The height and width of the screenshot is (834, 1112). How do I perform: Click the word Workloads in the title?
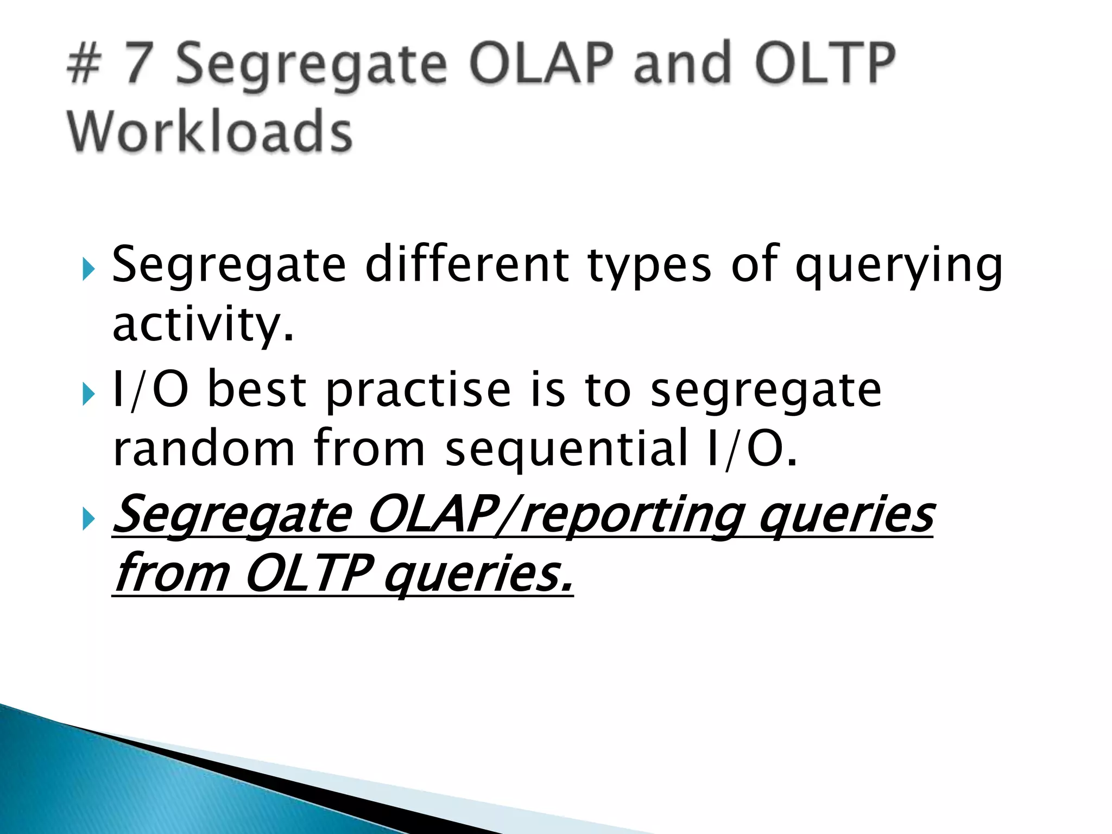click(210, 131)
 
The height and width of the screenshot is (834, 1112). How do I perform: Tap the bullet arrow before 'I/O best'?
click(88, 395)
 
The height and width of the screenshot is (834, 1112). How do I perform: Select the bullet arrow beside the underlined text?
click(88, 520)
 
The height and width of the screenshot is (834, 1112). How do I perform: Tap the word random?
click(204, 448)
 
